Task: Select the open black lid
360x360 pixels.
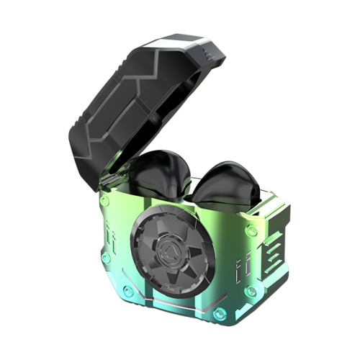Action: tap(130, 94)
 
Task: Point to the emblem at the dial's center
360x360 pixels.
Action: tap(172, 251)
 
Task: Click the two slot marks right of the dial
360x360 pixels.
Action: tap(235, 270)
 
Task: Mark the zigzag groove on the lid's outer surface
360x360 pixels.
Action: tap(108, 108)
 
